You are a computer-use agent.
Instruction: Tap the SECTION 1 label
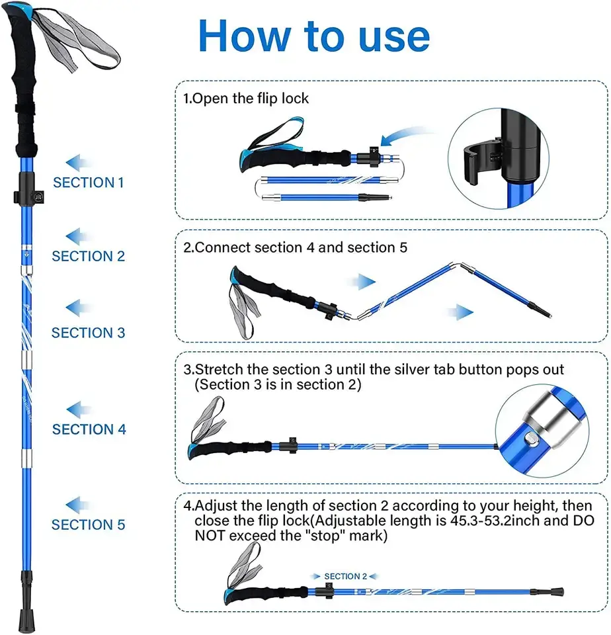[88, 183]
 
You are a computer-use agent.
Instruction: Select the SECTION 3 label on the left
[88, 332]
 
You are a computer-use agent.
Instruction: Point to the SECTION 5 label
[88, 525]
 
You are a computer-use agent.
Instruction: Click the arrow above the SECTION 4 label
[79, 409]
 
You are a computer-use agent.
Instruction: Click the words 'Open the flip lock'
[251, 99]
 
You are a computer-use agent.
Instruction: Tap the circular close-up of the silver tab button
[542, 437]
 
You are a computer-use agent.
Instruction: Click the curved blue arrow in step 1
[403, 136]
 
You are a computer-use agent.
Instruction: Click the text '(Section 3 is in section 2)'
[278, 385]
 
